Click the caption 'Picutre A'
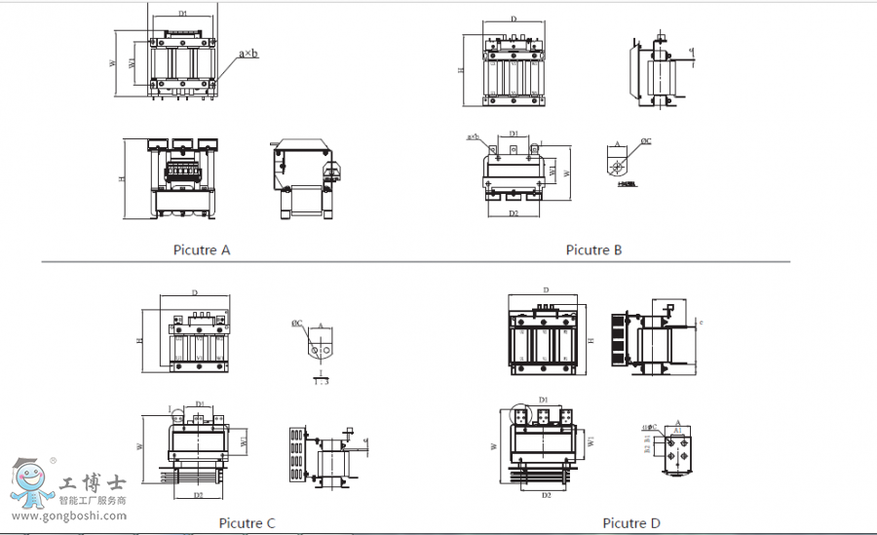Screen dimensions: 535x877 click(202, 250)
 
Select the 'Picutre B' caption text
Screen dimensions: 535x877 click(593, 250)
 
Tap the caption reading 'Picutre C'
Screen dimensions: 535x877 click(247, 523)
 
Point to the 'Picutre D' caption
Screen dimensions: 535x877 click(630, 523)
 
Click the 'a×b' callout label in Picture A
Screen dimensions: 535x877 click(248, 55)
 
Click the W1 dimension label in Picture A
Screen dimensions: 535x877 click(133, 63)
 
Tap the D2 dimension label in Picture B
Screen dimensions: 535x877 click(513, 213)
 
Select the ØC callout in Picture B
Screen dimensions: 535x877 click(645, 142)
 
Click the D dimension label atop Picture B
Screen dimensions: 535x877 click(514, 19)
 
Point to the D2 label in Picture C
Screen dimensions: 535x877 click(198, 495)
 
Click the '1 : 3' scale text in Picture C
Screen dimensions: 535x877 click(321, 383)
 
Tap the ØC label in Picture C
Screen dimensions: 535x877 click(297, 323)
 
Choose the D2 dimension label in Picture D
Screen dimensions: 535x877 click(546, 496)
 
